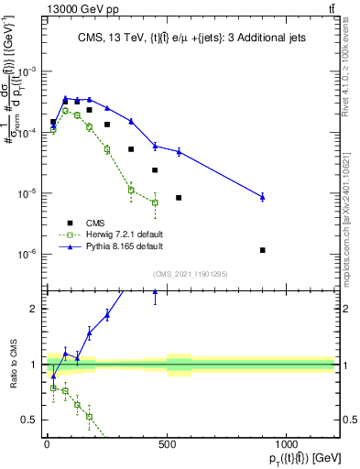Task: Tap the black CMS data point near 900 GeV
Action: pyautogui.click(x=263, y=250)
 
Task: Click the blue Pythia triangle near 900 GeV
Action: pyautogui.click(x=263, y=197)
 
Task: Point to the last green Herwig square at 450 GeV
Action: pyautogui.click(x=155, y=202)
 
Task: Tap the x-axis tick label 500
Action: pyautogui.click(x=167, y=444)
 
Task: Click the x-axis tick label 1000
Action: pyautogui.click(x=287, y=444)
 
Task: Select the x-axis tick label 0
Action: pyautogui.click(x=47, y=444)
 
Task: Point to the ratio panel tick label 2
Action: pyautogui.click(x=33, y=309)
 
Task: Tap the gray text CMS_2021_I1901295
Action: pyautogui.click(x=190, y=274)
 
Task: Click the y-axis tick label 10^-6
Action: pyautogui.click(x=27, y=255)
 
